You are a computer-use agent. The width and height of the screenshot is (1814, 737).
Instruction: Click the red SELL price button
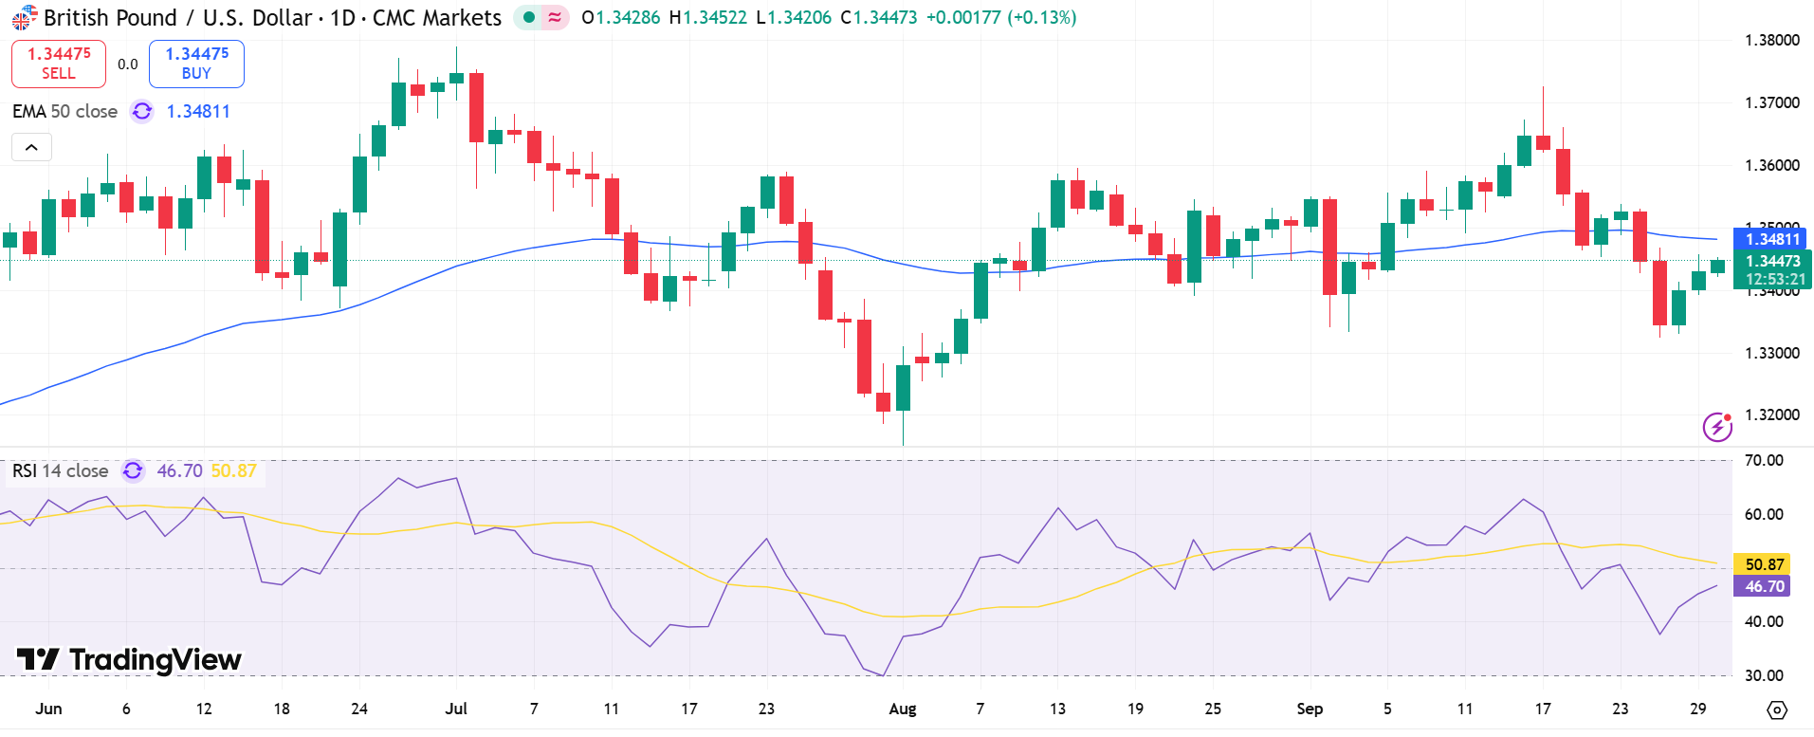coord(59,64)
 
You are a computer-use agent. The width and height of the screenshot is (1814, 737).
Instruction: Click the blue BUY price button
coord(196,64)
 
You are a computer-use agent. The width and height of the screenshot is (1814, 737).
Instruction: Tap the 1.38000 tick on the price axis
coord(1771,40)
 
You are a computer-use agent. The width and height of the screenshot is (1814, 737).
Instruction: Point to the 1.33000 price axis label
coord(1771,353)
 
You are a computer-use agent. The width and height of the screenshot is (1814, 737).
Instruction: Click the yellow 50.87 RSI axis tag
coord(1764,564)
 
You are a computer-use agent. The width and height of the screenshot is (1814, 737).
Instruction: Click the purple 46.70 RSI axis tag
coord(1764,586)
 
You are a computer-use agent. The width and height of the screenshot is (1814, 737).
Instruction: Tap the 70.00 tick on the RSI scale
coord(1764,460)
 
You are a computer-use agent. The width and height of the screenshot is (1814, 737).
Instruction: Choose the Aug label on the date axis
coord(903,709)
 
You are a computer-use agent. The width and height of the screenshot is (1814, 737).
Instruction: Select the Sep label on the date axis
coord(1310,709)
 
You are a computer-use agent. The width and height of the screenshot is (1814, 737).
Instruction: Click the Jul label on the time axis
coord(456,709)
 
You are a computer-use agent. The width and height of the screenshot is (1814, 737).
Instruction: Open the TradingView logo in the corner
coord(129,659)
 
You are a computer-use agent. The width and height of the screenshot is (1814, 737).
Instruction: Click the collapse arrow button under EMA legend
coord(31,147)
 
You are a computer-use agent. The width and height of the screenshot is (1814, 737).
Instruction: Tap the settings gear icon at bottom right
coord(1777,709)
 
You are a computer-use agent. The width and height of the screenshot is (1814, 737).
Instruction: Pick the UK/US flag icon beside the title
coord(25,17)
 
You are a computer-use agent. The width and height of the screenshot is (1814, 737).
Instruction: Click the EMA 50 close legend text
coord(64,111)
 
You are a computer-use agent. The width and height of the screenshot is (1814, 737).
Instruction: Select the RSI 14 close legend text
coord(61,470)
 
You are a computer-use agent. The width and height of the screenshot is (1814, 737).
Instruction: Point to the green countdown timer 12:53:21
coord(1775,279)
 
